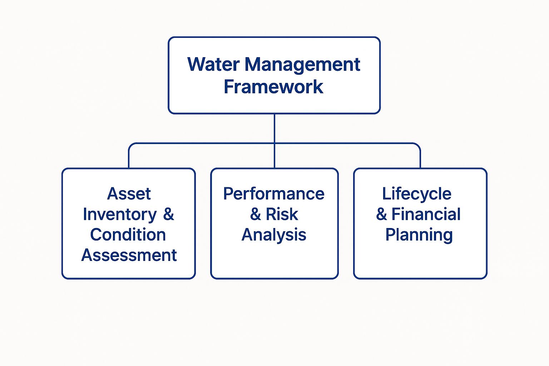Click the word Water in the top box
point(213,65)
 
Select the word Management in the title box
point(302,65)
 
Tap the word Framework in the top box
point(273,87)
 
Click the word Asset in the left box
point(129,194)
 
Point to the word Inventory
point(120,214)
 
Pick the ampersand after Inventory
point(168,214)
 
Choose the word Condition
point(128,235)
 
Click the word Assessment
point(129,255)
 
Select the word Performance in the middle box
point(274,194)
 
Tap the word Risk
point(282,214)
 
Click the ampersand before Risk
point(255,214)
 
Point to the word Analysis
point(274,235)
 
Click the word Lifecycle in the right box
point(417,194)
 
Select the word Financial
point(426,214)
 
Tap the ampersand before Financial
point(381,214)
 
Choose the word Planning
point(419,235)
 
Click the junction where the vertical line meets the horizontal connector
point(274,143)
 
